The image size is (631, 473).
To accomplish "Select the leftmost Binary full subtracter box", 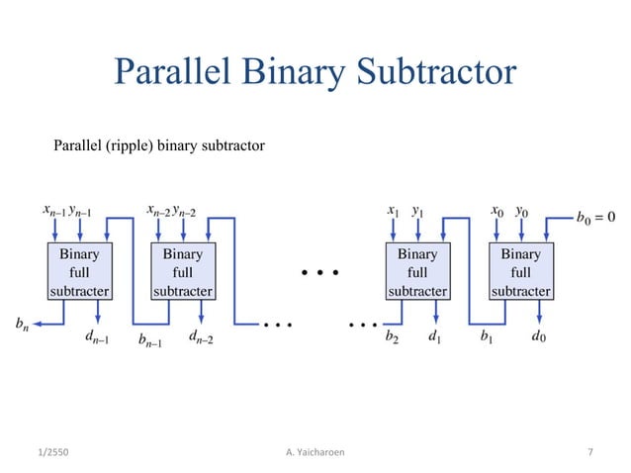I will click(79, 271).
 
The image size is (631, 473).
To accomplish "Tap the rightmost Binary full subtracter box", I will click(520, 271).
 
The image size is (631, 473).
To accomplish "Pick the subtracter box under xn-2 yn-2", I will click(183, 271).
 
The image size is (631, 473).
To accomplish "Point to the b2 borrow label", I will click(393, 338).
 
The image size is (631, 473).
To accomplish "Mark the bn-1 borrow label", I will click(150, 341).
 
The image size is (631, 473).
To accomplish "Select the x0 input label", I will click(497, 211).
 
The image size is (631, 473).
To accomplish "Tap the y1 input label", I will click(418, 211).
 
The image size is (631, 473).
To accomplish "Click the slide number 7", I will click(590, 452).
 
